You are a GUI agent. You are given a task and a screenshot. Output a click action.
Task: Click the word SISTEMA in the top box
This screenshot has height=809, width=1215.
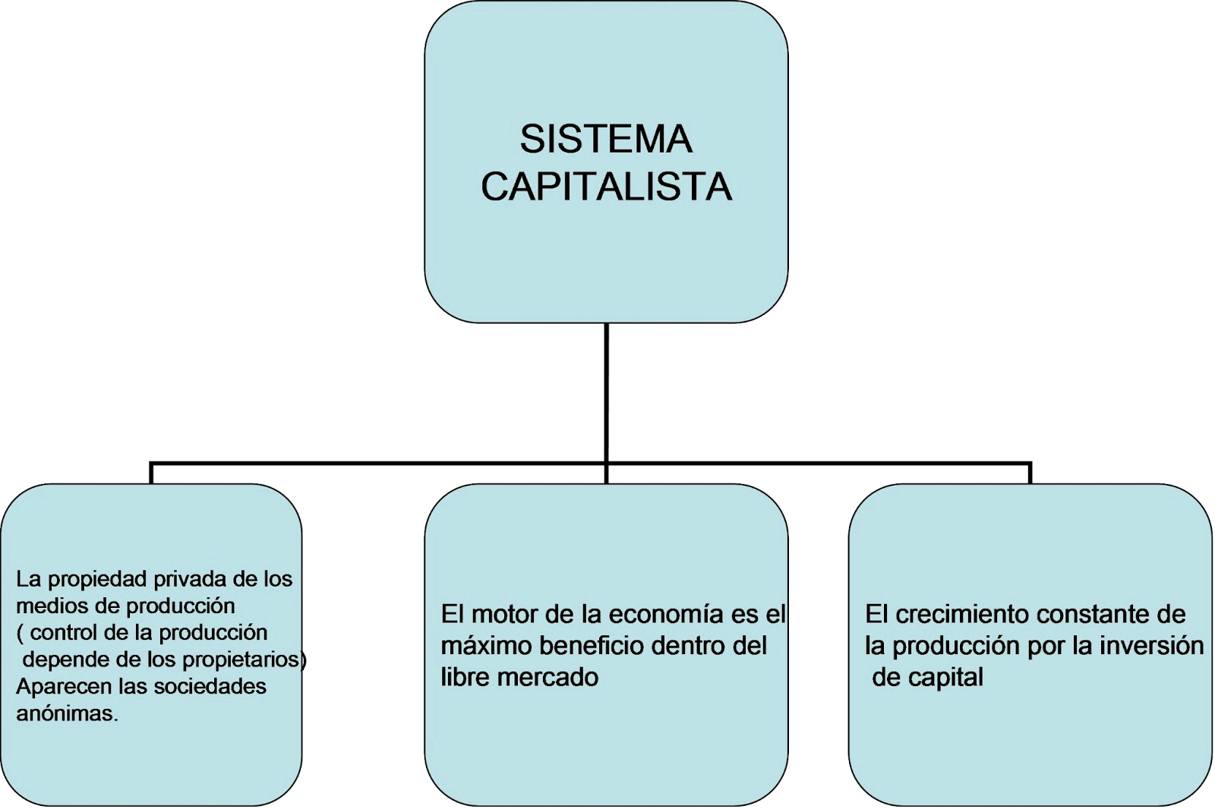[606, 140]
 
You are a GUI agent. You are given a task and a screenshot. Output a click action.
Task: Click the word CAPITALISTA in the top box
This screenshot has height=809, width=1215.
[606, 187]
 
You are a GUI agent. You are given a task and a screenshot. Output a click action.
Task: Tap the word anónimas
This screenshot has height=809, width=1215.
[67, 714]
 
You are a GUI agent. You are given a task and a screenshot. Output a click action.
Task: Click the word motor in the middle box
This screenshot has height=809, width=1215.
[505, 614]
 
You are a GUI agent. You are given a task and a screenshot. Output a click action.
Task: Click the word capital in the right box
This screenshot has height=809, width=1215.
[949, 677]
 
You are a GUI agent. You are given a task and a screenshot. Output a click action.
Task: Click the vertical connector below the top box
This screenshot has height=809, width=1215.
[607, 391]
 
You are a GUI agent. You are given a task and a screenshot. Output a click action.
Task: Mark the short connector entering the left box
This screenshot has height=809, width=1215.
[151, 473]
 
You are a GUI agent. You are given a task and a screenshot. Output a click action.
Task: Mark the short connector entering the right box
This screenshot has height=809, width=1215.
[1030, 473]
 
